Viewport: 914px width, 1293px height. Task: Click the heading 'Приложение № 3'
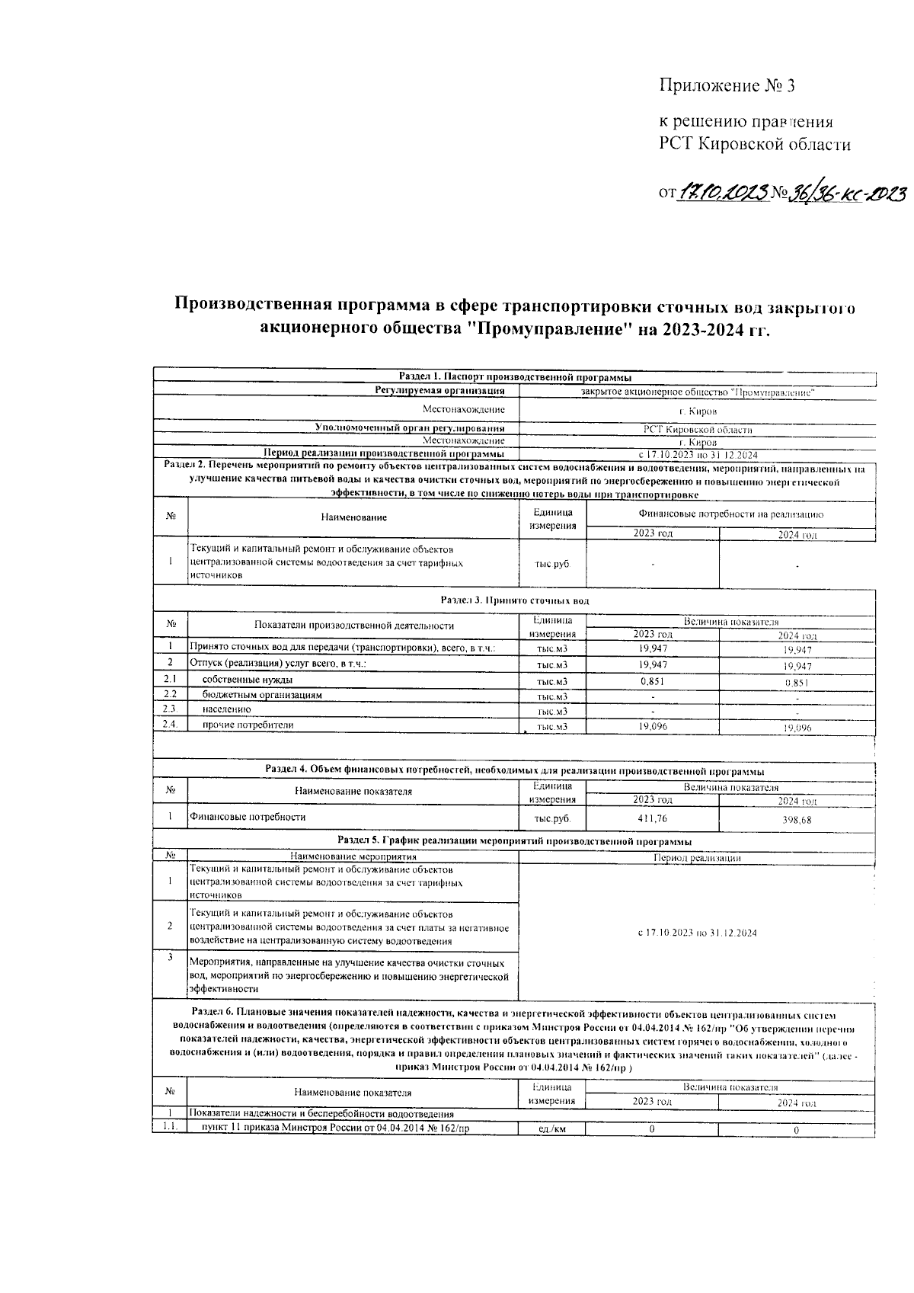click(727, 85)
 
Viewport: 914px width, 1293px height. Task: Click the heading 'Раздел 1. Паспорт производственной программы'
click(515, 377)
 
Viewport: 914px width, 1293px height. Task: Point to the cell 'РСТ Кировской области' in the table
click(698, 430)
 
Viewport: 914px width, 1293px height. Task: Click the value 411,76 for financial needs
click(652, 818)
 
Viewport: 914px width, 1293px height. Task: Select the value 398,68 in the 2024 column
click(797, 819)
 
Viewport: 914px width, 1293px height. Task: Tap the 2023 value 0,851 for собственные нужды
click(652, 681)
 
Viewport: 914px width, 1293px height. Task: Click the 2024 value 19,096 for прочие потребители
click(797, 728)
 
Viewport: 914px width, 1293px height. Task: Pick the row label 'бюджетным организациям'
click(262, 695)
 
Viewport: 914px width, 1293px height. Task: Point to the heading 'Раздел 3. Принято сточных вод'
click(515, 600)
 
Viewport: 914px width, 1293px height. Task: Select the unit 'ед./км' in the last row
click(552, 1129)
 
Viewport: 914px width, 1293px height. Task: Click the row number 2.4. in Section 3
click(170, 725)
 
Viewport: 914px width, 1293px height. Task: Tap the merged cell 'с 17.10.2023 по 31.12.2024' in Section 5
click(697, 933)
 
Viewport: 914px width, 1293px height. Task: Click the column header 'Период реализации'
click(697, 858)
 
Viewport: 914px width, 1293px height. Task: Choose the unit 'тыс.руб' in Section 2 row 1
click(552, 565)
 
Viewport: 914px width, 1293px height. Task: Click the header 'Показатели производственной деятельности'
click(353, 626)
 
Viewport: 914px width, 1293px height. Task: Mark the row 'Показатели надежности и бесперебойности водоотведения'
click(321, 1114)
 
